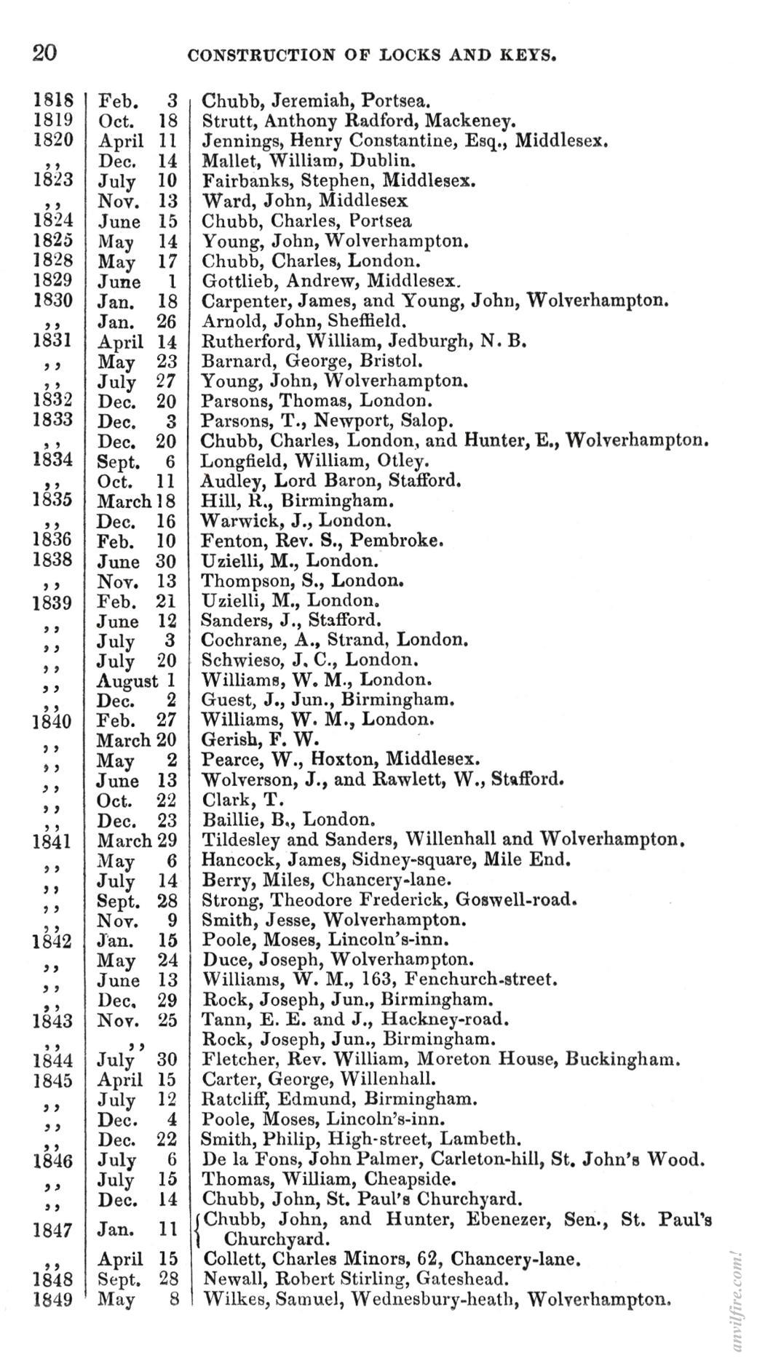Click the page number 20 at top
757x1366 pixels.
tap(44, 53)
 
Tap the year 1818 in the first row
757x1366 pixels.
tap(53, 100)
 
